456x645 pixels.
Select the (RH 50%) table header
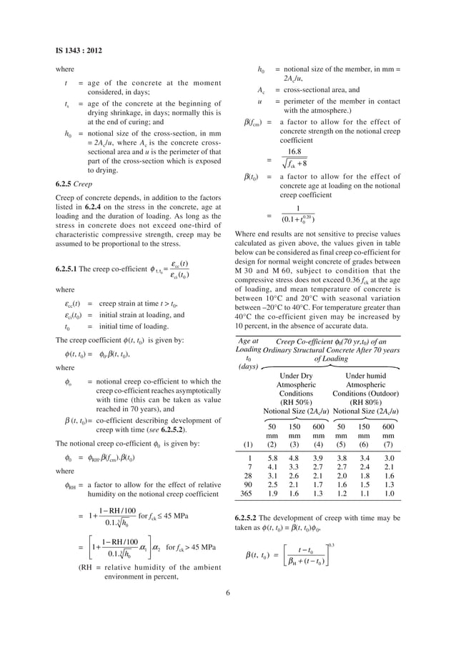coord(295,401)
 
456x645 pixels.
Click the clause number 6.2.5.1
coord(73,269)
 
